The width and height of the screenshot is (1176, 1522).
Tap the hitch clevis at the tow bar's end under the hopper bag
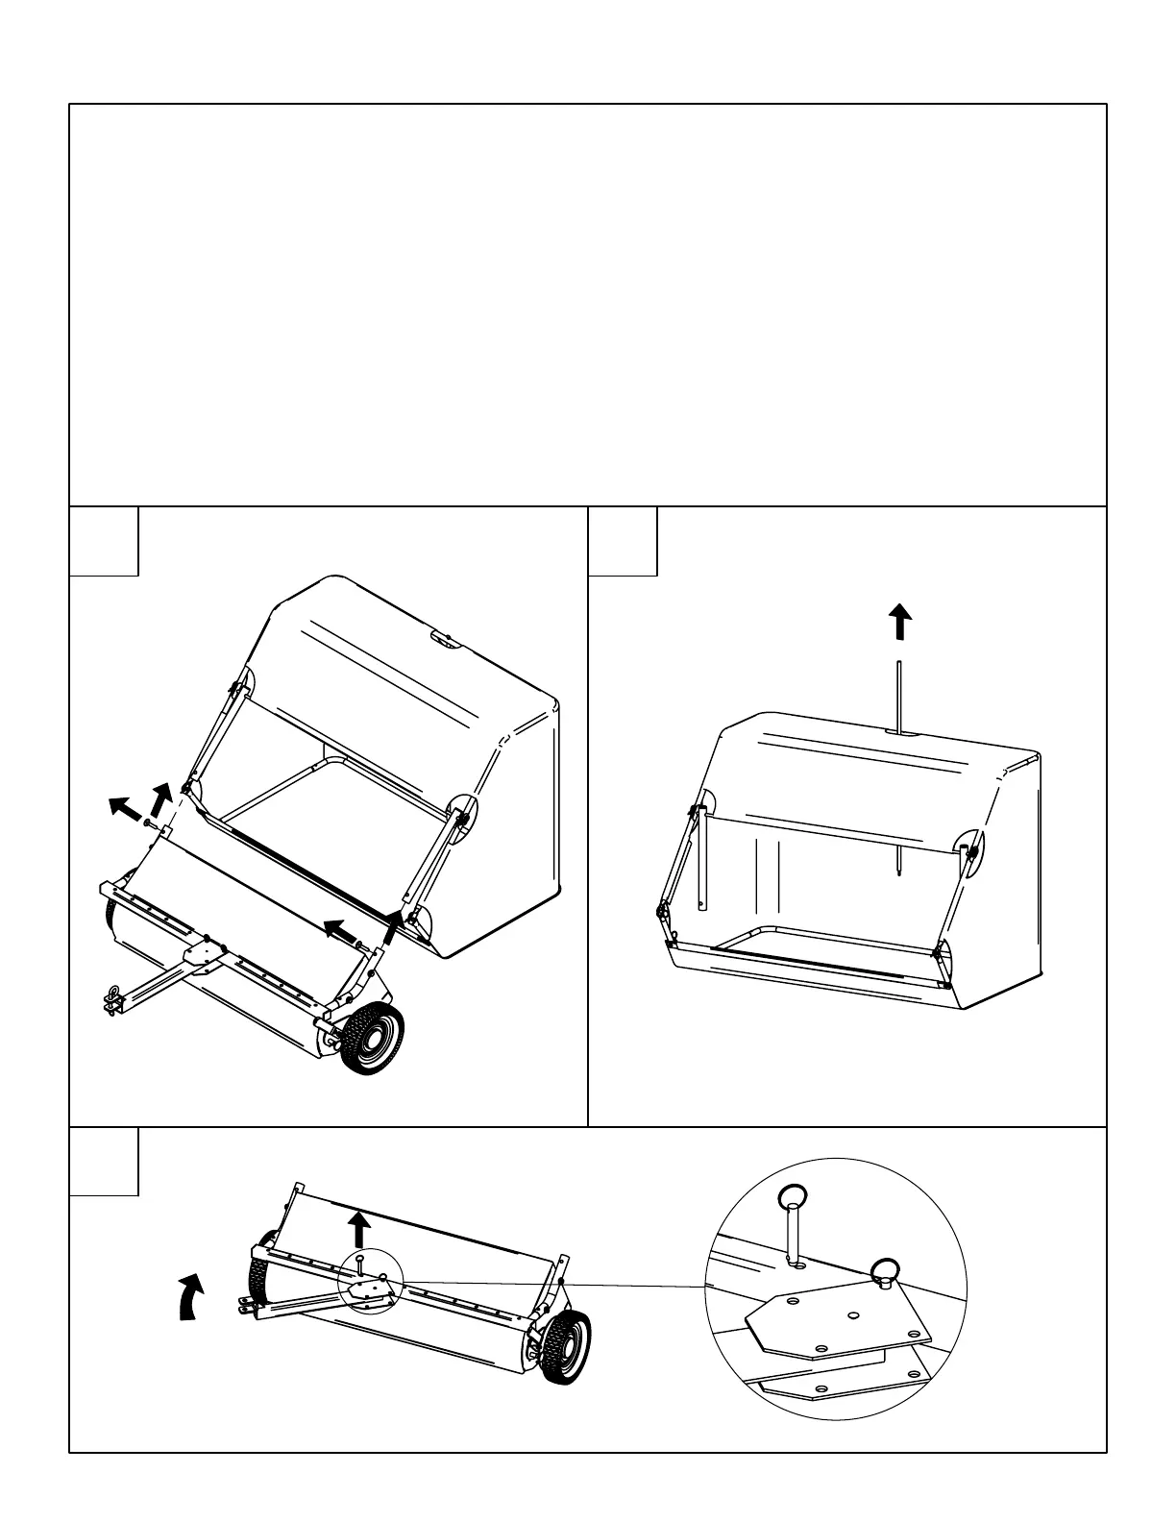pos(112,999)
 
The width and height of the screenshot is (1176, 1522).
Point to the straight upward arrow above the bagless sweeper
pos(359,1229)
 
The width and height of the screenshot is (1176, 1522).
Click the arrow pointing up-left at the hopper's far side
pos(121,806)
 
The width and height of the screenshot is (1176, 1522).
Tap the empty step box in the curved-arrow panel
pos(104,1161)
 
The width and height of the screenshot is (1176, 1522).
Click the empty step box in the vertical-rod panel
pos(623,541)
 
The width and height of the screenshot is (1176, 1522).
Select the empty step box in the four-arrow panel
pos(104,541)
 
